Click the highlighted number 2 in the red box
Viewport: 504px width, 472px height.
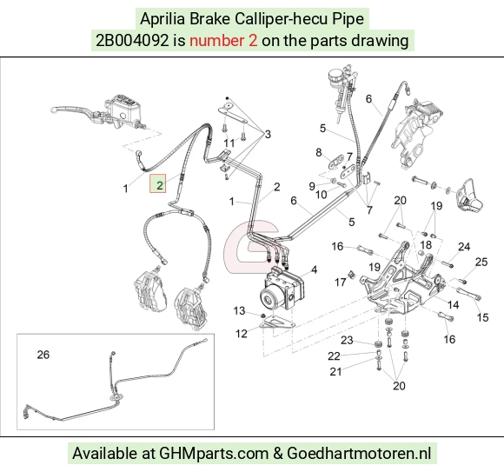coord(160,185)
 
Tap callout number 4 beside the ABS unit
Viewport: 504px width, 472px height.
coord(314,269)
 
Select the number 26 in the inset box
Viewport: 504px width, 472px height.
coord(43,355)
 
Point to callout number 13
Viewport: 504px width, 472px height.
coord(239,310)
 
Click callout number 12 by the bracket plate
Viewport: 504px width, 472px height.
coord(241,334)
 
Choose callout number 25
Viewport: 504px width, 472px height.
coord(481,262)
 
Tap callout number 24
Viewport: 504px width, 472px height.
coord(464,247)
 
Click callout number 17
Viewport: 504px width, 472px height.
coord(340,283)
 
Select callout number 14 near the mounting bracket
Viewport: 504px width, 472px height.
coord(454,304)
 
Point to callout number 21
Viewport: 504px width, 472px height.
coord(335,371)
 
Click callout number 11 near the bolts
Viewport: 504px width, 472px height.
coord(229,143)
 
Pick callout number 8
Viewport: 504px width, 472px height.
coord(319,152)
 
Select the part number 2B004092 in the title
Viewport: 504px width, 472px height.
coord(132,41)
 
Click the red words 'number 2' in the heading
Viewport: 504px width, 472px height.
coord(223,41)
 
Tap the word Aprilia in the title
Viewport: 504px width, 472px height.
coord(162,19)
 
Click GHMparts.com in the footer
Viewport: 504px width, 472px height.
coord(214,454)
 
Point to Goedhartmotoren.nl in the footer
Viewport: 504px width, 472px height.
coord(358,454)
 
